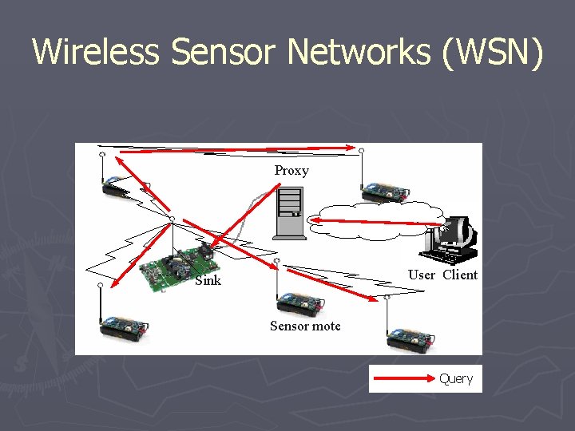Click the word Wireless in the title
(97, 53)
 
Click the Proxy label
(291, 170)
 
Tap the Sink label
(208, 280)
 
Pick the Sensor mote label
(305, 326)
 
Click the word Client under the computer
(460, 275)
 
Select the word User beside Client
(422, 275)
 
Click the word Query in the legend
(456, 378)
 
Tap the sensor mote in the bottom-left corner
(124, 326)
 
